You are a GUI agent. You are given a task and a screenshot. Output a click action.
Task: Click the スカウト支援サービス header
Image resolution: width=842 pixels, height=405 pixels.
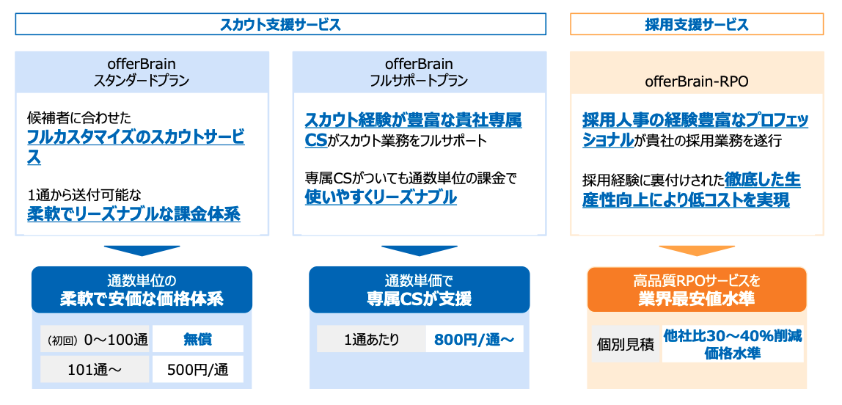[280, 25]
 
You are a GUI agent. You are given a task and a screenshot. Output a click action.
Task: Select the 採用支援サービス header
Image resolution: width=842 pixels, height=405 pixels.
[697, 25]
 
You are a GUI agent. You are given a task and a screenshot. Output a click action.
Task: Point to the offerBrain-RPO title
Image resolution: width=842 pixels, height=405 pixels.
[697, 81]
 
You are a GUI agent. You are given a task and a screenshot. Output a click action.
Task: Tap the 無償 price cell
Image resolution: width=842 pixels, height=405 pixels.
[197, 339]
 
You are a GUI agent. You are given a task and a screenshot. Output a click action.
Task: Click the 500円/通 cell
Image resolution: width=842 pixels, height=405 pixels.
[197, 370]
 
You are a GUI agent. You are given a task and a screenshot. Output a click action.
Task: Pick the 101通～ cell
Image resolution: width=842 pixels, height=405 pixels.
[95, 370]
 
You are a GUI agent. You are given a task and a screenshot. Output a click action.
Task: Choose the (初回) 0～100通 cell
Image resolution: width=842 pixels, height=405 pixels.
[95, 339]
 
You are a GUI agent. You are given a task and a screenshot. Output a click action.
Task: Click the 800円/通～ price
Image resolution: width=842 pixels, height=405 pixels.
[475, 339]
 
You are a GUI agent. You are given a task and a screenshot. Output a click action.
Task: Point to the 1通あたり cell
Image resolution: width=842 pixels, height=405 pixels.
[371, 339]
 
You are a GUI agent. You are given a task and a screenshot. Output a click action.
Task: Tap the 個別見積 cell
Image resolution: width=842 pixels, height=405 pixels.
[626, 344]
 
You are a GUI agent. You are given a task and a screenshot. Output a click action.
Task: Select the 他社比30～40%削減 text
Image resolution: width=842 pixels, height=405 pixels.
[733, 336]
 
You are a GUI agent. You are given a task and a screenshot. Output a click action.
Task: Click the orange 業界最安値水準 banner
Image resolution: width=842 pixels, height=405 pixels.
[697, 290]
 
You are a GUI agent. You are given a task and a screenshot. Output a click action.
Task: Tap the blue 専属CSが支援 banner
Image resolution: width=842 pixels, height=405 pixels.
[419, 290]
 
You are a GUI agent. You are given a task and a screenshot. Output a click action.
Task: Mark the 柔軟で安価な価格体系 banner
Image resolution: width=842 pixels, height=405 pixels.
[142, 290]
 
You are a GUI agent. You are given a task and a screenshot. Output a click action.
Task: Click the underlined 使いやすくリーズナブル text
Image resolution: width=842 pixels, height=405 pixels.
[381, 197]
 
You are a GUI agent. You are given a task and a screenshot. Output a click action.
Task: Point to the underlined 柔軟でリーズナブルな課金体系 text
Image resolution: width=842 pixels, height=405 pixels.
[133, 214]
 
